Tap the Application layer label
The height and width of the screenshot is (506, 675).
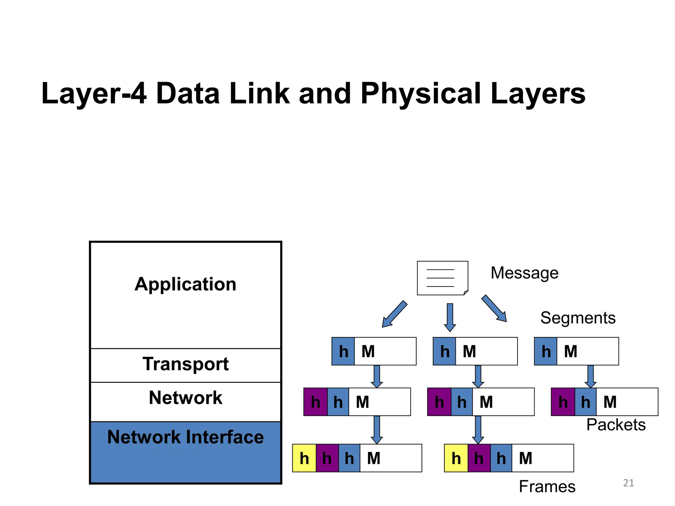tap(186, 284)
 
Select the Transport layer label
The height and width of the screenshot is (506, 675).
tap(186, 364)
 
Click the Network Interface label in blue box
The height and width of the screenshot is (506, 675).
tap(186, 437)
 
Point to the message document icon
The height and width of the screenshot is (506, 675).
tap(442, 278)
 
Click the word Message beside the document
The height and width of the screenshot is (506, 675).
tap(524, 273)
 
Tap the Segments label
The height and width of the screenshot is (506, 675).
tap(578, 318)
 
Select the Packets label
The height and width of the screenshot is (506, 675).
tap(616, 425)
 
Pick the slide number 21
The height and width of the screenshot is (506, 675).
tap(629, 483)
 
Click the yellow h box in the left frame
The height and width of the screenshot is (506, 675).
tap(304, 458)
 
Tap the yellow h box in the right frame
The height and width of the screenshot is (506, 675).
tap(456, 458)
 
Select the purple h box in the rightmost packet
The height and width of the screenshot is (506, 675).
tap(563, 402)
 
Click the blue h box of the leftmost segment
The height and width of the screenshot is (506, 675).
tap(343, 351)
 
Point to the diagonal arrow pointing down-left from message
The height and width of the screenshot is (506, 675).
tap(395, 314)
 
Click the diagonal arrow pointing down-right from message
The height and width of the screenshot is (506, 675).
tap(494, 308)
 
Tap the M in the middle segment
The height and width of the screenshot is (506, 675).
tap(469, 351)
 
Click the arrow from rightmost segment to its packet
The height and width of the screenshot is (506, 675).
tap(590, 377)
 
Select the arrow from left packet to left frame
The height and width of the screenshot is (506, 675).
tap(377, 430)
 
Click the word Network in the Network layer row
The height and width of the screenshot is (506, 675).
tap(186, 398)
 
